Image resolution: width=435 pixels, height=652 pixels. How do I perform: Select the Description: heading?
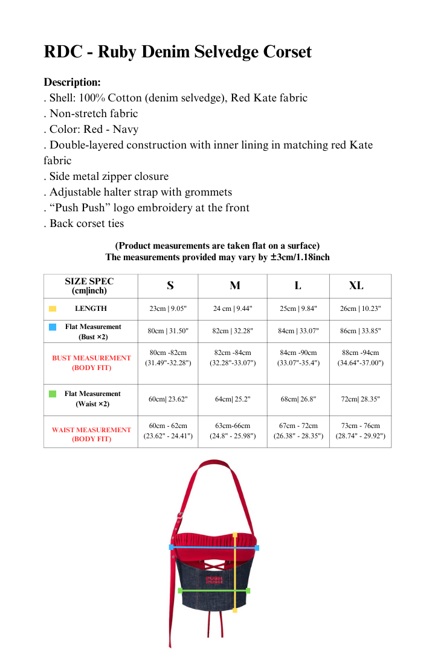pos(72,82)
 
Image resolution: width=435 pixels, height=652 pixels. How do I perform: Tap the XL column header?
pos(356,286)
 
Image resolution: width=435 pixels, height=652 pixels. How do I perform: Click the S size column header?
pos(170,286)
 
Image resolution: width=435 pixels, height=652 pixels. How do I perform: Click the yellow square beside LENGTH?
pos(53,308)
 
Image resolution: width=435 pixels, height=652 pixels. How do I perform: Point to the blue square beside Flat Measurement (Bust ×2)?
pos(53,327)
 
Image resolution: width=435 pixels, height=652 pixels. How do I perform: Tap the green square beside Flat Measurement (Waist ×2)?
pos(53,394)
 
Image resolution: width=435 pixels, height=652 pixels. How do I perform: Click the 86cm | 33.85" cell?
pos(360,331)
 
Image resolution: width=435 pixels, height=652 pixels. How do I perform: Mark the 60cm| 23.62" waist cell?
pos(169,399)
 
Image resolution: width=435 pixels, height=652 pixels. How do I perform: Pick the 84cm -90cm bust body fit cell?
pos(298,357)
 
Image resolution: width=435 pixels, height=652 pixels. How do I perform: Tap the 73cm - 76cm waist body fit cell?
pos(360,430)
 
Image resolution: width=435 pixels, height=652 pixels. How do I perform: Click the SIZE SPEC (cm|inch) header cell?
pos(89,286)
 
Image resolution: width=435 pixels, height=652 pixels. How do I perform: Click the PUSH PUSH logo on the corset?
pos(214,580)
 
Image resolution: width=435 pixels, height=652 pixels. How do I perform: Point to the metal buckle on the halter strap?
pos(179,515)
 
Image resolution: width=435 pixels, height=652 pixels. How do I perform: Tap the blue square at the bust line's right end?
pos(257,548)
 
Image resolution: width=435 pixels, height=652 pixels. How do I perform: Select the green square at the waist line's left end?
pos(179,590)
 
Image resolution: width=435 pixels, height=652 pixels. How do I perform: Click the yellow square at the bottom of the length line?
pos(234,610)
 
